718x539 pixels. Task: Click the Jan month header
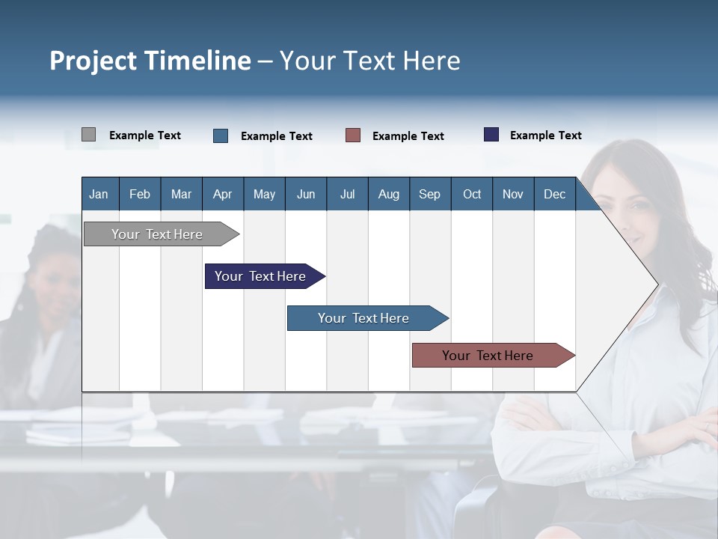point(99,194)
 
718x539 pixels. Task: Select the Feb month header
point(140,194)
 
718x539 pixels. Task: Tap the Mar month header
point(181,194)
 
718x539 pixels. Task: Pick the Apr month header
point(223,194)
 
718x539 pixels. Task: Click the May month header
point(264,194)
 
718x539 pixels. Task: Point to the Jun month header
point(306,194)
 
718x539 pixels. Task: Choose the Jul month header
point(347,194)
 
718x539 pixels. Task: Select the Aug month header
point(389,194)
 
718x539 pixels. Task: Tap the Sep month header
point(430,194)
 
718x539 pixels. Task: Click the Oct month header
point(472,194)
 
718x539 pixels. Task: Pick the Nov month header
point(513,194)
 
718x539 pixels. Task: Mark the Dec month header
point(555,194)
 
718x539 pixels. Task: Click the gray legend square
point(88,135)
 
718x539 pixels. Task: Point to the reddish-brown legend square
point(353,135)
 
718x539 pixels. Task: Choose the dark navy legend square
point(491,135)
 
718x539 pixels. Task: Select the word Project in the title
point(93,61)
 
